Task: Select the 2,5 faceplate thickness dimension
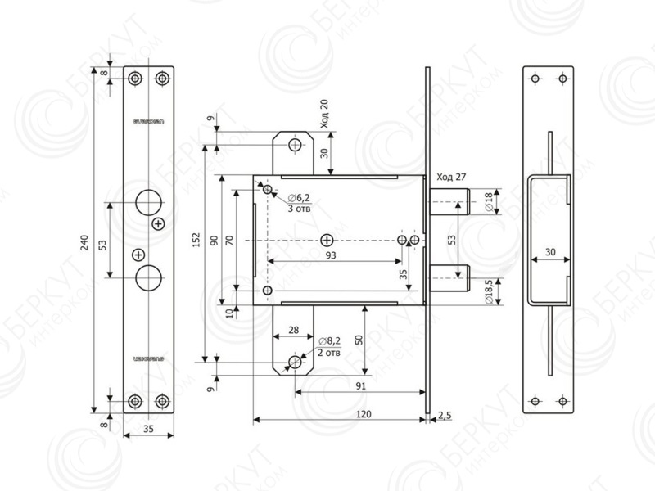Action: [445, 417]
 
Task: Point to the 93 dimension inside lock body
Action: [331, 256]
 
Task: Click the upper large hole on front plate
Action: [148, 201]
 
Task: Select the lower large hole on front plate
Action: [148, 277]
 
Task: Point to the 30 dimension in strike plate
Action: [549, 252]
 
